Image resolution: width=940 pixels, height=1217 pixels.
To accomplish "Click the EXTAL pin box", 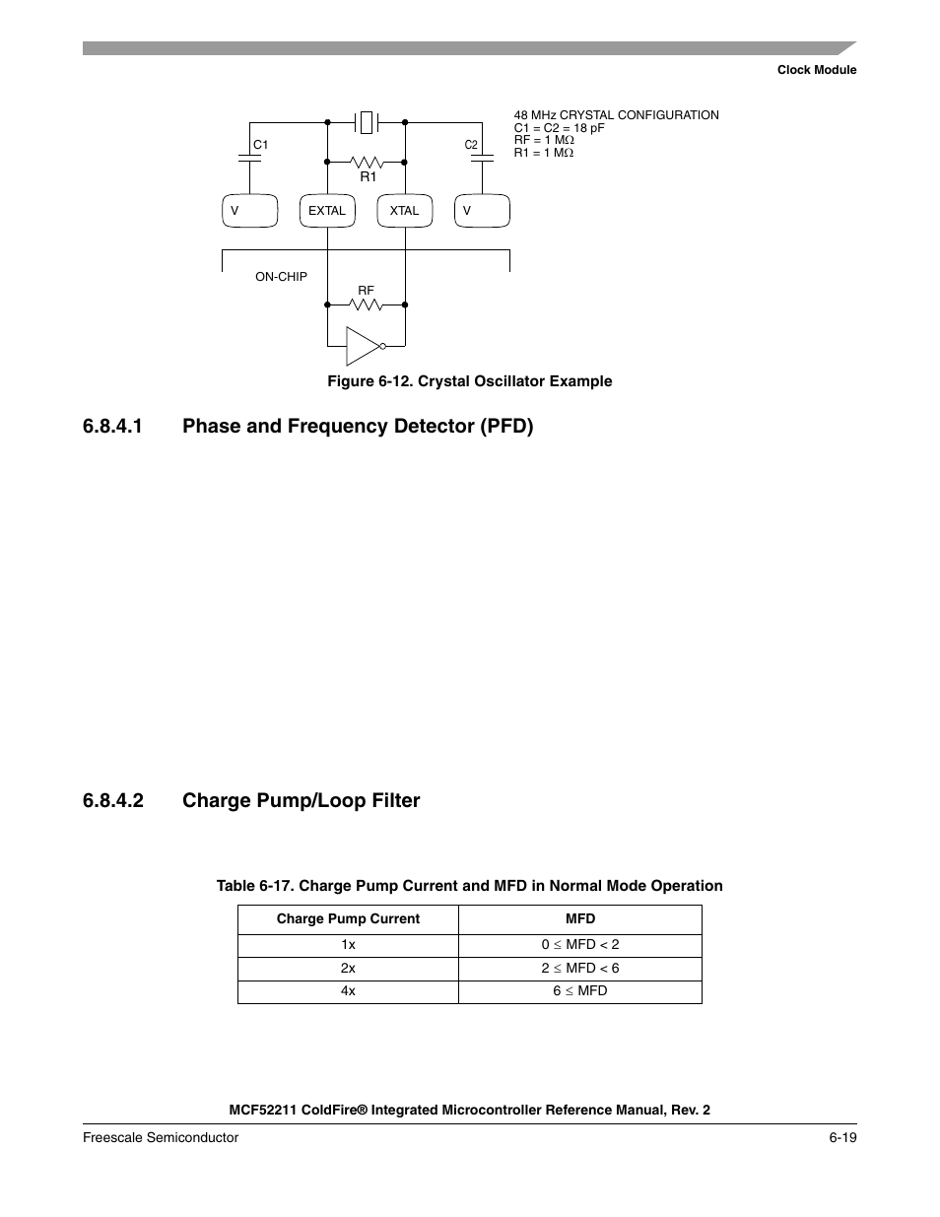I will [x=327, y=211].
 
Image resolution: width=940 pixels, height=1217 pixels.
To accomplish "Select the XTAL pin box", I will [x=404, y=211].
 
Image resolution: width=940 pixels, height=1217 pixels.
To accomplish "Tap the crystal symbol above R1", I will [x=367, y=122].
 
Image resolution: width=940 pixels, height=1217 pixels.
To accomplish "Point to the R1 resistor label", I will [x=369, y=176].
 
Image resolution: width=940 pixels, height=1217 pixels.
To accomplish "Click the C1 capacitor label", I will [x=261, y=145].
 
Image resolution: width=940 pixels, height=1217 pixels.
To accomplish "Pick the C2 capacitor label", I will [x=471, y=146].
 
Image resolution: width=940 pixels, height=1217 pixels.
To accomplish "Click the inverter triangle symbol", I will [x=362, y=345].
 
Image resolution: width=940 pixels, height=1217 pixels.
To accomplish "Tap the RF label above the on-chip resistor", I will [x=366, y=291].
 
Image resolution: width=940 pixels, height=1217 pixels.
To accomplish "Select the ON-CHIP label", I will [x=281, y=277].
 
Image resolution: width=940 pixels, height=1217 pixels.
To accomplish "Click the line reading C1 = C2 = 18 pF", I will [x=560, y=128].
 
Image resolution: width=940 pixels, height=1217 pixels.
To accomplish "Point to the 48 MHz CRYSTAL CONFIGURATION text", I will [x=617, y=115].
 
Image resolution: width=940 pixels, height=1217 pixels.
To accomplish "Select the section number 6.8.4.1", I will [x=113, y=426].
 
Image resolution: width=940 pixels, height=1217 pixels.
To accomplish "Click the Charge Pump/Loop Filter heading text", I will [x=301, y=800].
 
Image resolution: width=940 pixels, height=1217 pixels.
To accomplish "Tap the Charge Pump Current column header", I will [x=348, y=918].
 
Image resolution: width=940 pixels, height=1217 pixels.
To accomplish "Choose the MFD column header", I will [x=580, y=918].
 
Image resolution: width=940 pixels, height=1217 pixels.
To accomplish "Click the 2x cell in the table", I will [x=348, y=968].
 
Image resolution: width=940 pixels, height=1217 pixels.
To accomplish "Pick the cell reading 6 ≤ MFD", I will [x=580, y=990].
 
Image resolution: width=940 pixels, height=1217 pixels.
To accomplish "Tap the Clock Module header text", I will [x=817, y=70].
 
